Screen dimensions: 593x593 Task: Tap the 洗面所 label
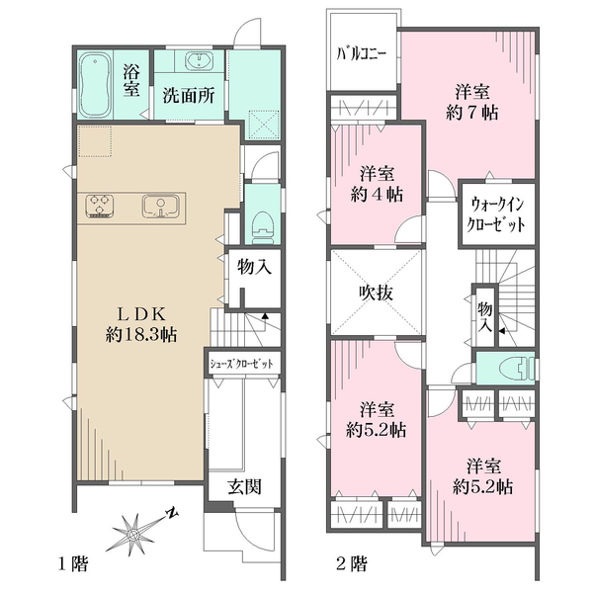[x=190, y=98]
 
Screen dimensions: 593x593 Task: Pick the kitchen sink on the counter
[x=158, y=207]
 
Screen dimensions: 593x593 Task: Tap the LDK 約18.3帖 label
[x=142, y=323]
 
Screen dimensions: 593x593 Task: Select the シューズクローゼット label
[x=241, y=363]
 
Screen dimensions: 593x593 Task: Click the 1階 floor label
[x=73, y=565]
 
